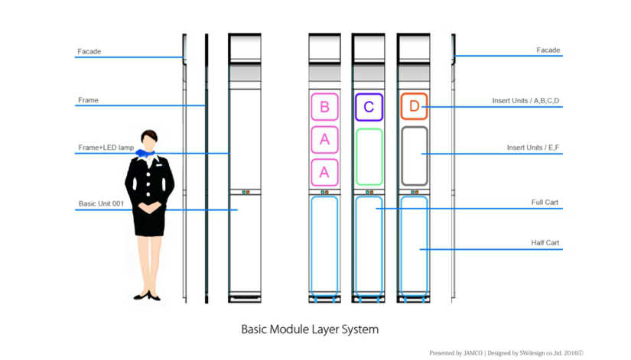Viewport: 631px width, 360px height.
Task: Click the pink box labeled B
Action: click(x=324, y=107)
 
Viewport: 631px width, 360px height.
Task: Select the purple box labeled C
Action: click(x=369, y=107)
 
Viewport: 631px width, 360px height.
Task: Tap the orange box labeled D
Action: click(x=414, y=107)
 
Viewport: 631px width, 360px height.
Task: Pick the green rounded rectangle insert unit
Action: click(x=369, y=157)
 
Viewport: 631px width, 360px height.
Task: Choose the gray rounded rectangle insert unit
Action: click(x=414, y=155)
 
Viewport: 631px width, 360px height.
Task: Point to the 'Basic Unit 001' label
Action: click(x=101, y=204)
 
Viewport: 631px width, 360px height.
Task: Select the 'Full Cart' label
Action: click(x=545, y=203)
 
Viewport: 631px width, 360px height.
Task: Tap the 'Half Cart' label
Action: click(x=545, y=243)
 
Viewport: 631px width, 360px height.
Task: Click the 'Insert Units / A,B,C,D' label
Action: click(x=526, y=101)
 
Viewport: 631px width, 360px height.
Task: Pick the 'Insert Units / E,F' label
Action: click(x=533, y=148)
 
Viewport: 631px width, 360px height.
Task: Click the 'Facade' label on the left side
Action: click(x=89, y=52)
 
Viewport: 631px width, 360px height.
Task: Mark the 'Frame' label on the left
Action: click(x=88, y=100)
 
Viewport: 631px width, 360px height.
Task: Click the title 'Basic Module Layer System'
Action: click(x=310, y=329)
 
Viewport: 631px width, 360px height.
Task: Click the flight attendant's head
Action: click(x=149, y=140)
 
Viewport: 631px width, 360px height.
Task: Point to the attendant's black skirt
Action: click(x=149, y=222)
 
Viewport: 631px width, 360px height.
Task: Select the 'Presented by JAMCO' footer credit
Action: click(x=456, y=353)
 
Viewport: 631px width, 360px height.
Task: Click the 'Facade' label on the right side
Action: click(x=548, y=50)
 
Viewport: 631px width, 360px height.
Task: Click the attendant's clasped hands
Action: click(x=151, y=207)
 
